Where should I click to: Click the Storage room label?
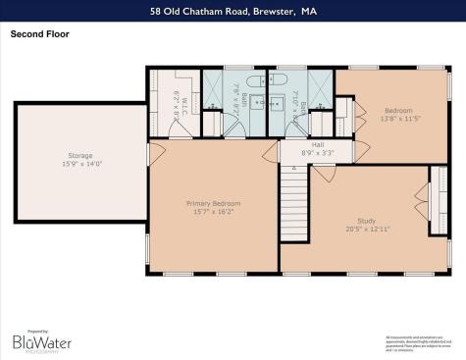coord(79,156)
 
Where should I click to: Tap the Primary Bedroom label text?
coord(213,203)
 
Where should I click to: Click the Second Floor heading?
coord(39,32)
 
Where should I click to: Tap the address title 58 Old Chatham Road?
coord(233,11)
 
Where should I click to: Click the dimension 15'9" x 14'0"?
coord(79,163)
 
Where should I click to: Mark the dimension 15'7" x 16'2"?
coord(213,210)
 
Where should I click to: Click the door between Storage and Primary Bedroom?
coord(150,153)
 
